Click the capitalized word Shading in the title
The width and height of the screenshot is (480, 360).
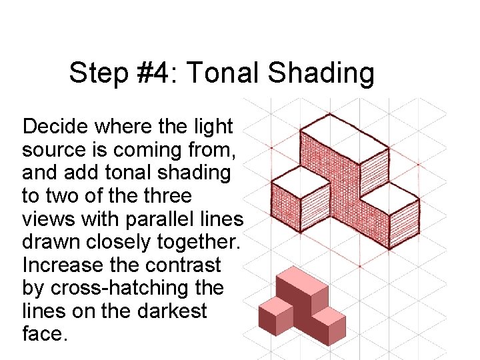[321, 73]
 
